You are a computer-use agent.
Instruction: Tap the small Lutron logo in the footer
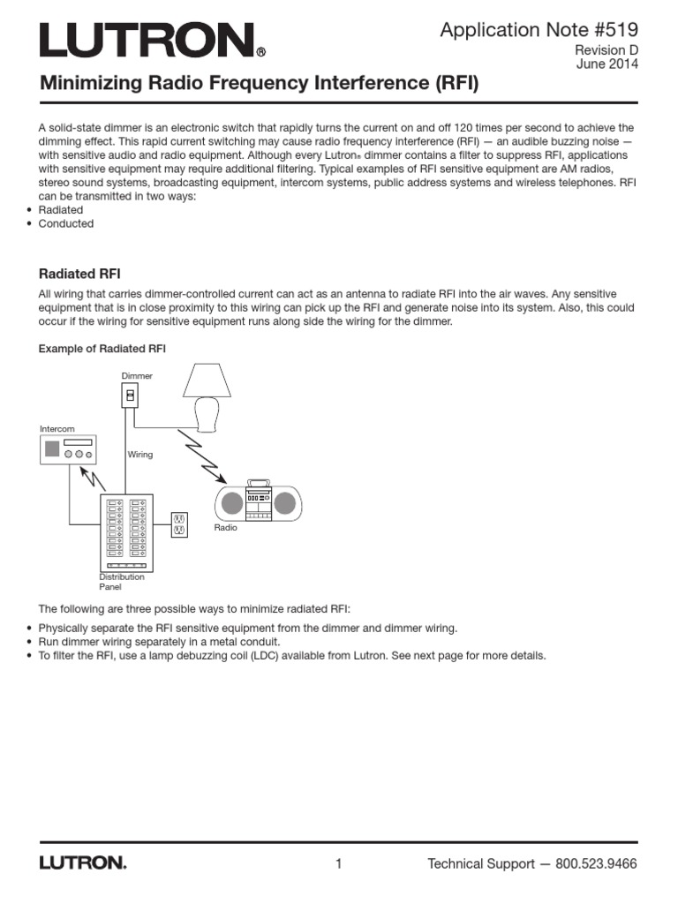pos(83,863)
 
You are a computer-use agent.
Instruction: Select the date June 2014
pos(606,64)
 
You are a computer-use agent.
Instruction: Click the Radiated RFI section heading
pos(86,274)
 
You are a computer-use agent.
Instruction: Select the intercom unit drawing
pos(69,450)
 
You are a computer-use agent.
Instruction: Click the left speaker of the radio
pos(231,503)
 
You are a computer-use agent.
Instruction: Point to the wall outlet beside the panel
pos(177,525)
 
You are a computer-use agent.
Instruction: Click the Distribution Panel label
pos(121,581)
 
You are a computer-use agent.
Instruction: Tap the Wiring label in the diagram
pos(140,455)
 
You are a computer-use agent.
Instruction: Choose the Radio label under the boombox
pos(226,527)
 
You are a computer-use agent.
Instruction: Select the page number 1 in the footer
pos(338,863)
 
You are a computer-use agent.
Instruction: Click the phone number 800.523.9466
pos(596,863)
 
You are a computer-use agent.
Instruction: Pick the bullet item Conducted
pos(66,223)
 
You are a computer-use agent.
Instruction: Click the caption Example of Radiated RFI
pos(102,349)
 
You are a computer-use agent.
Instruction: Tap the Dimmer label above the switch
pos(137,376)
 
